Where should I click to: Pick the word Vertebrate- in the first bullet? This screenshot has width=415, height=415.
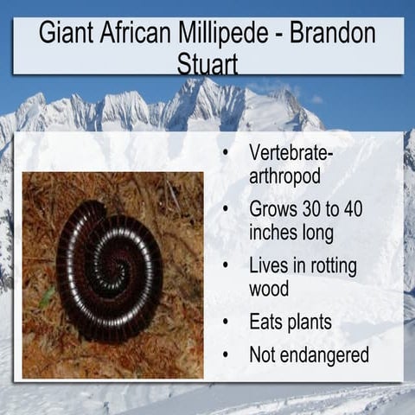pyautogui.click(x=290, y=152)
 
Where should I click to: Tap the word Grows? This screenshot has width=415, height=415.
pyautogui.click(x=274, y=209)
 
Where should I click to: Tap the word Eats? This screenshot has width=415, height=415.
pyautogui.click(x=269, y=323)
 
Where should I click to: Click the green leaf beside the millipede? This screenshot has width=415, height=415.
pyautogui.click(x=47, y=297)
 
